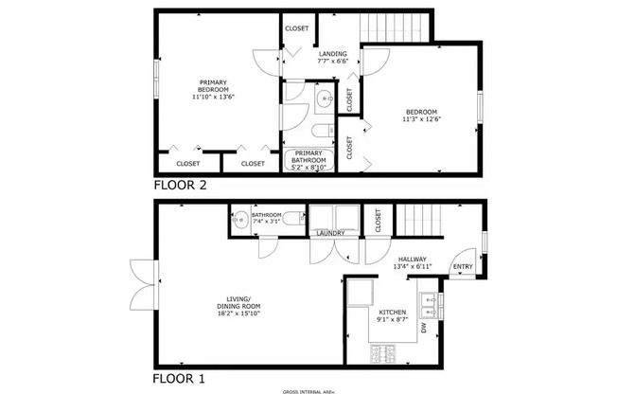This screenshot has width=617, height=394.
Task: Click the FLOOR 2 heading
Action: [x=180, y=186]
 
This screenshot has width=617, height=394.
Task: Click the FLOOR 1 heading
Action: [x=179, y=379]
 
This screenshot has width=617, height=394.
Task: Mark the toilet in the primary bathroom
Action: [x=321, y=130]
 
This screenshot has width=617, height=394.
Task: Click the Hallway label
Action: [x=413, y=260]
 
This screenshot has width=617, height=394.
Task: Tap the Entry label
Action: [x=463, y=267]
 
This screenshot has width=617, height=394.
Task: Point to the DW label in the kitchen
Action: [x=424, y=329]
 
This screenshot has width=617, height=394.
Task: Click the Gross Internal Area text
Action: [x=308, y=390]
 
